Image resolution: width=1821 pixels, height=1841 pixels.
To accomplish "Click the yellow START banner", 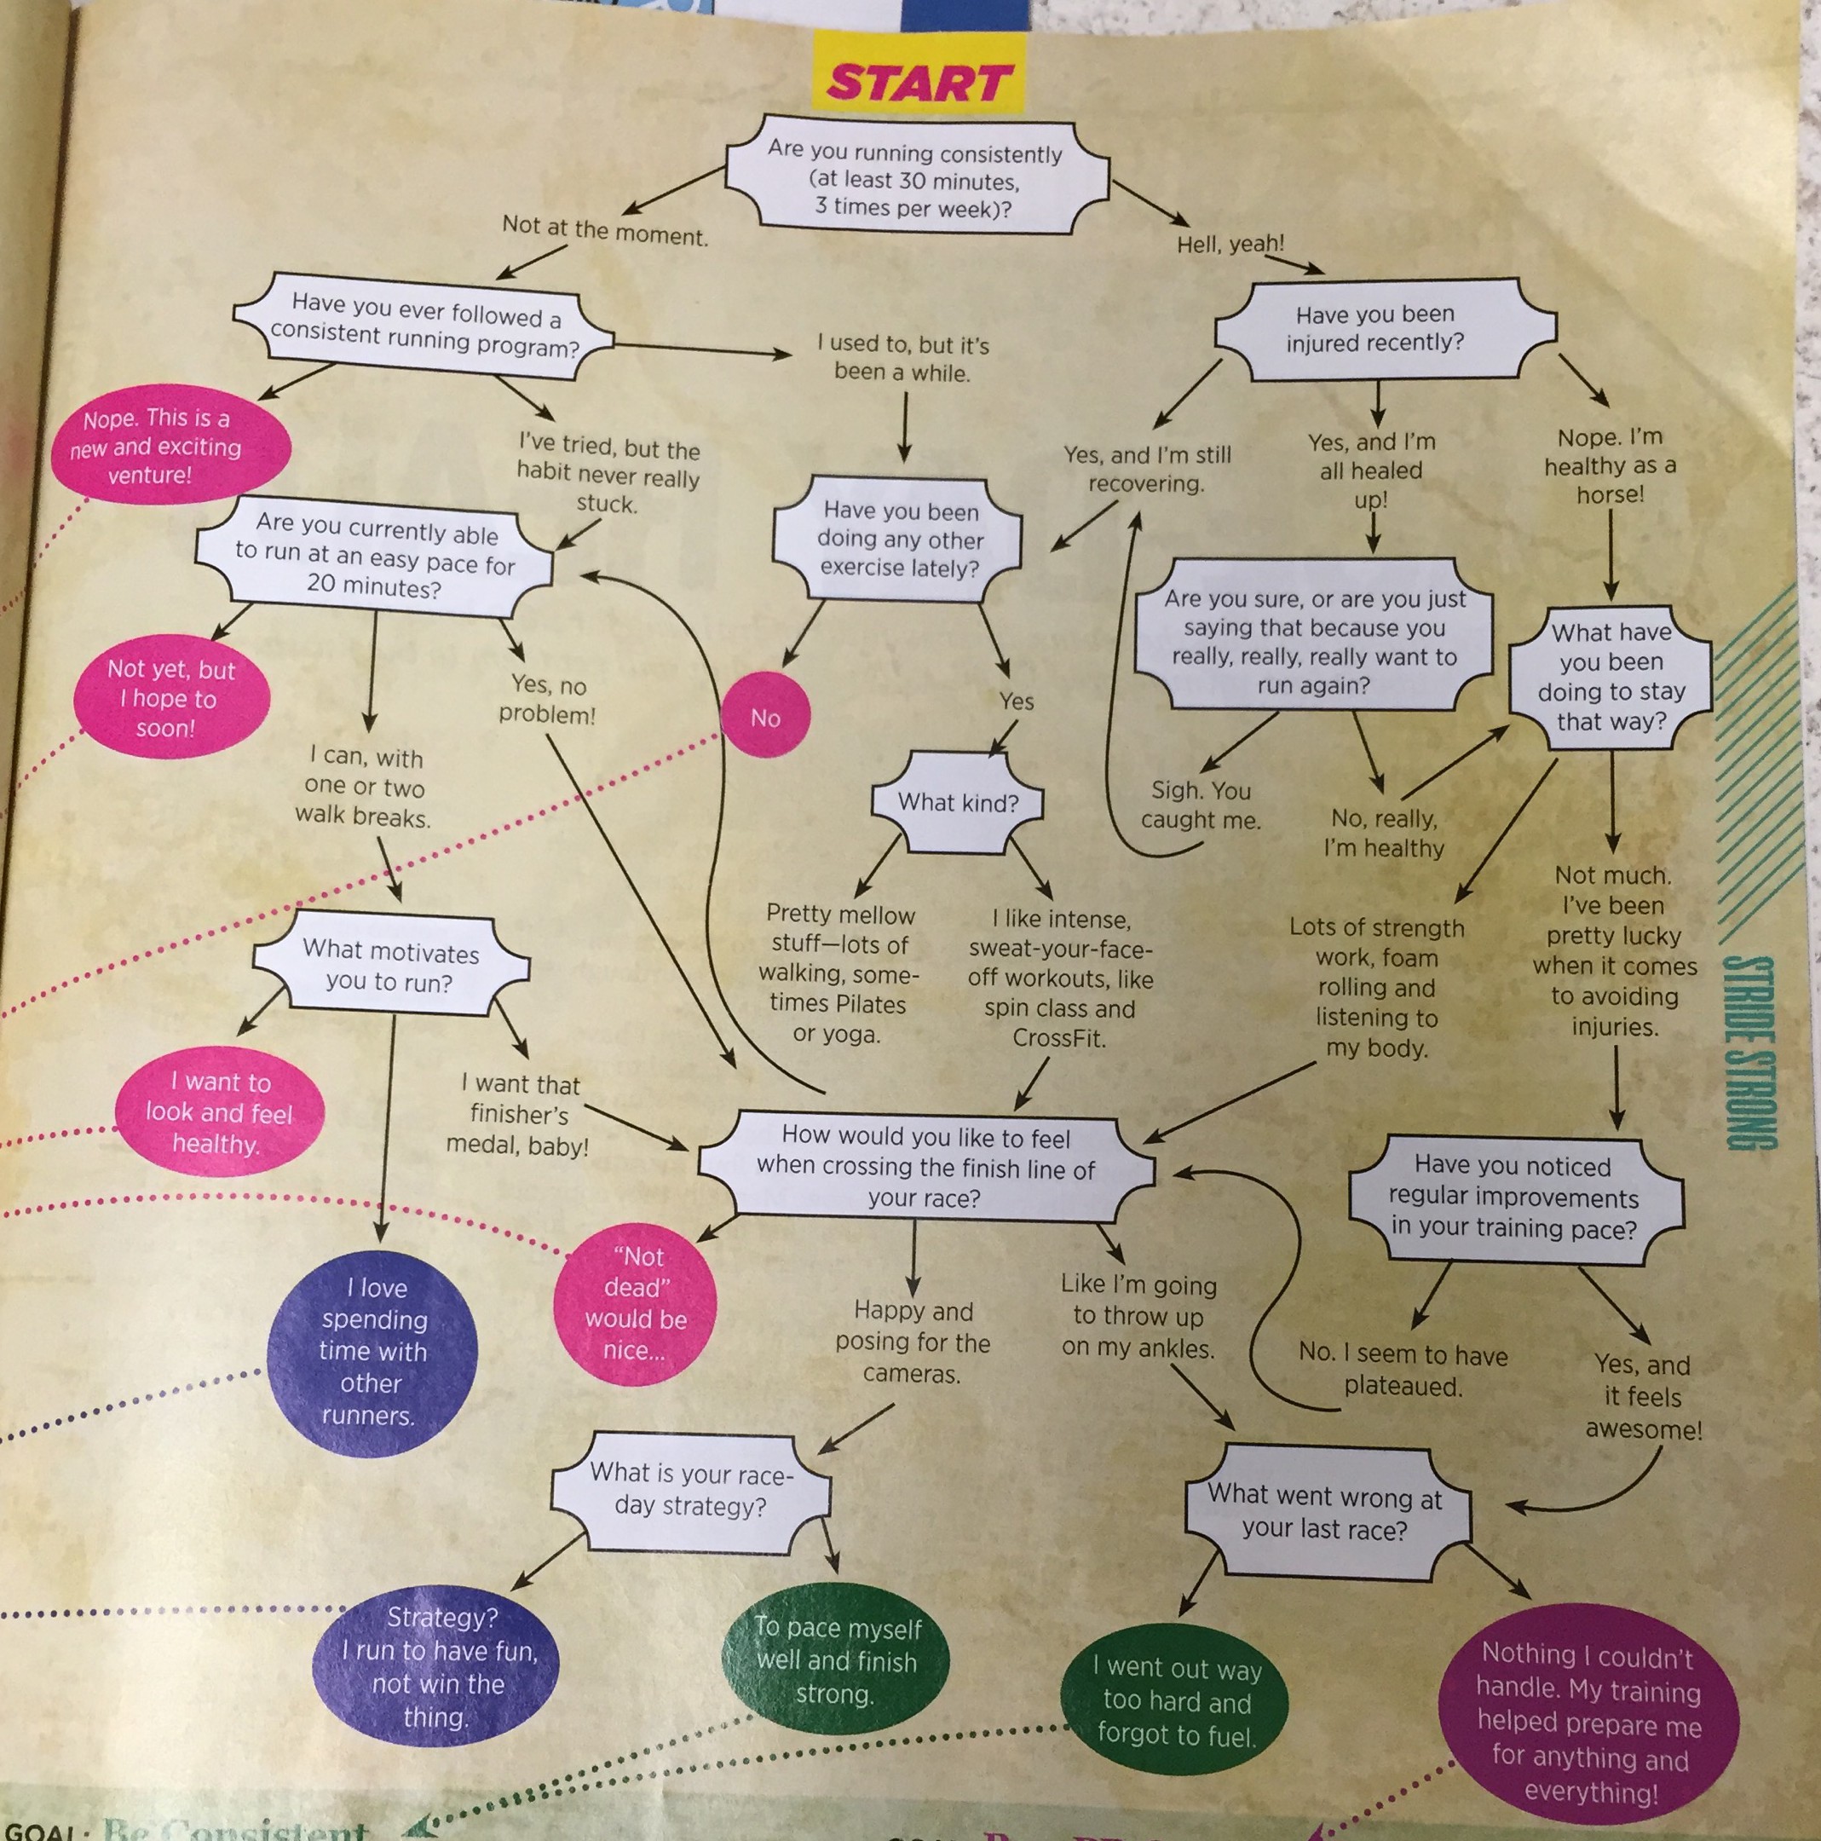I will (917, 83).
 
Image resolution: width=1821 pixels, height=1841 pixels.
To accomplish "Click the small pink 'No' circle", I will (765, 716).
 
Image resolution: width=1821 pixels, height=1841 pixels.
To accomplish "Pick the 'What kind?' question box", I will (957, 802).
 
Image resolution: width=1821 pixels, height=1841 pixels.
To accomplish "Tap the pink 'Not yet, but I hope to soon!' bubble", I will (171, 697).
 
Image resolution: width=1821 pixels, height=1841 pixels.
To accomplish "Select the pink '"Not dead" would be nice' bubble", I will (635, 1302).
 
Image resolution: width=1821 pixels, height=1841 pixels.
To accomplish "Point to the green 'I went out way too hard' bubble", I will (1175, 1700).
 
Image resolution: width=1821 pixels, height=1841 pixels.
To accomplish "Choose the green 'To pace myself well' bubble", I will (836, 1660).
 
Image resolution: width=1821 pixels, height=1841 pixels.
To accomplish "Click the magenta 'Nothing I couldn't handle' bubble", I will (1588, 1721).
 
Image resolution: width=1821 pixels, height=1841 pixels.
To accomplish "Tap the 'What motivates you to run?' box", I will (389, 966).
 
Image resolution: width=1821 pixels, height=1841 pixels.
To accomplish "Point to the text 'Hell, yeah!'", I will (1230, 244).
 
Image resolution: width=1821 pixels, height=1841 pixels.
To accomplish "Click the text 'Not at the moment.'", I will (605, 229).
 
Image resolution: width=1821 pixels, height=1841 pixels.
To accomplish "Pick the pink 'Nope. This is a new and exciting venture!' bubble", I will (155, 446).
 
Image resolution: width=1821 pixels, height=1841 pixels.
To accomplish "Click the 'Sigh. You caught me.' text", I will (1200, 805).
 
